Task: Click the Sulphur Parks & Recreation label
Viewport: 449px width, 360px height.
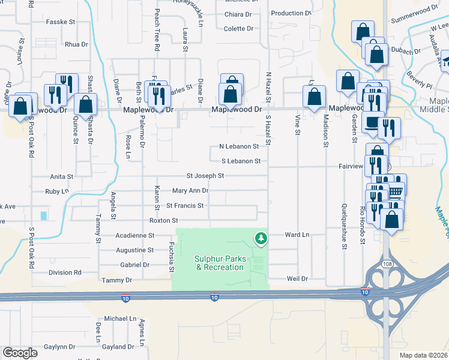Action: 219,263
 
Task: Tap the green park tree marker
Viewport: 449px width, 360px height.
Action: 261,239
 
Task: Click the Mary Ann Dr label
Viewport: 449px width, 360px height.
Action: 190,191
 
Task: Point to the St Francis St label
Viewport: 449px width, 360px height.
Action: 185,205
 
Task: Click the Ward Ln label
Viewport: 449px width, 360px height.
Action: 297,235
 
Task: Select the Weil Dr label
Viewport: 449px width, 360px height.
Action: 297,279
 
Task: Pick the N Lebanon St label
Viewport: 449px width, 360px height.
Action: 239,146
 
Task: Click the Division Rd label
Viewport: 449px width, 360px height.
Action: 65,272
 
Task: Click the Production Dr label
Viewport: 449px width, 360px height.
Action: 291,13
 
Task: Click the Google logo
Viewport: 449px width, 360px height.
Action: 20,353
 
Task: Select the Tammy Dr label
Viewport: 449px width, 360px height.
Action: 116,280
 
